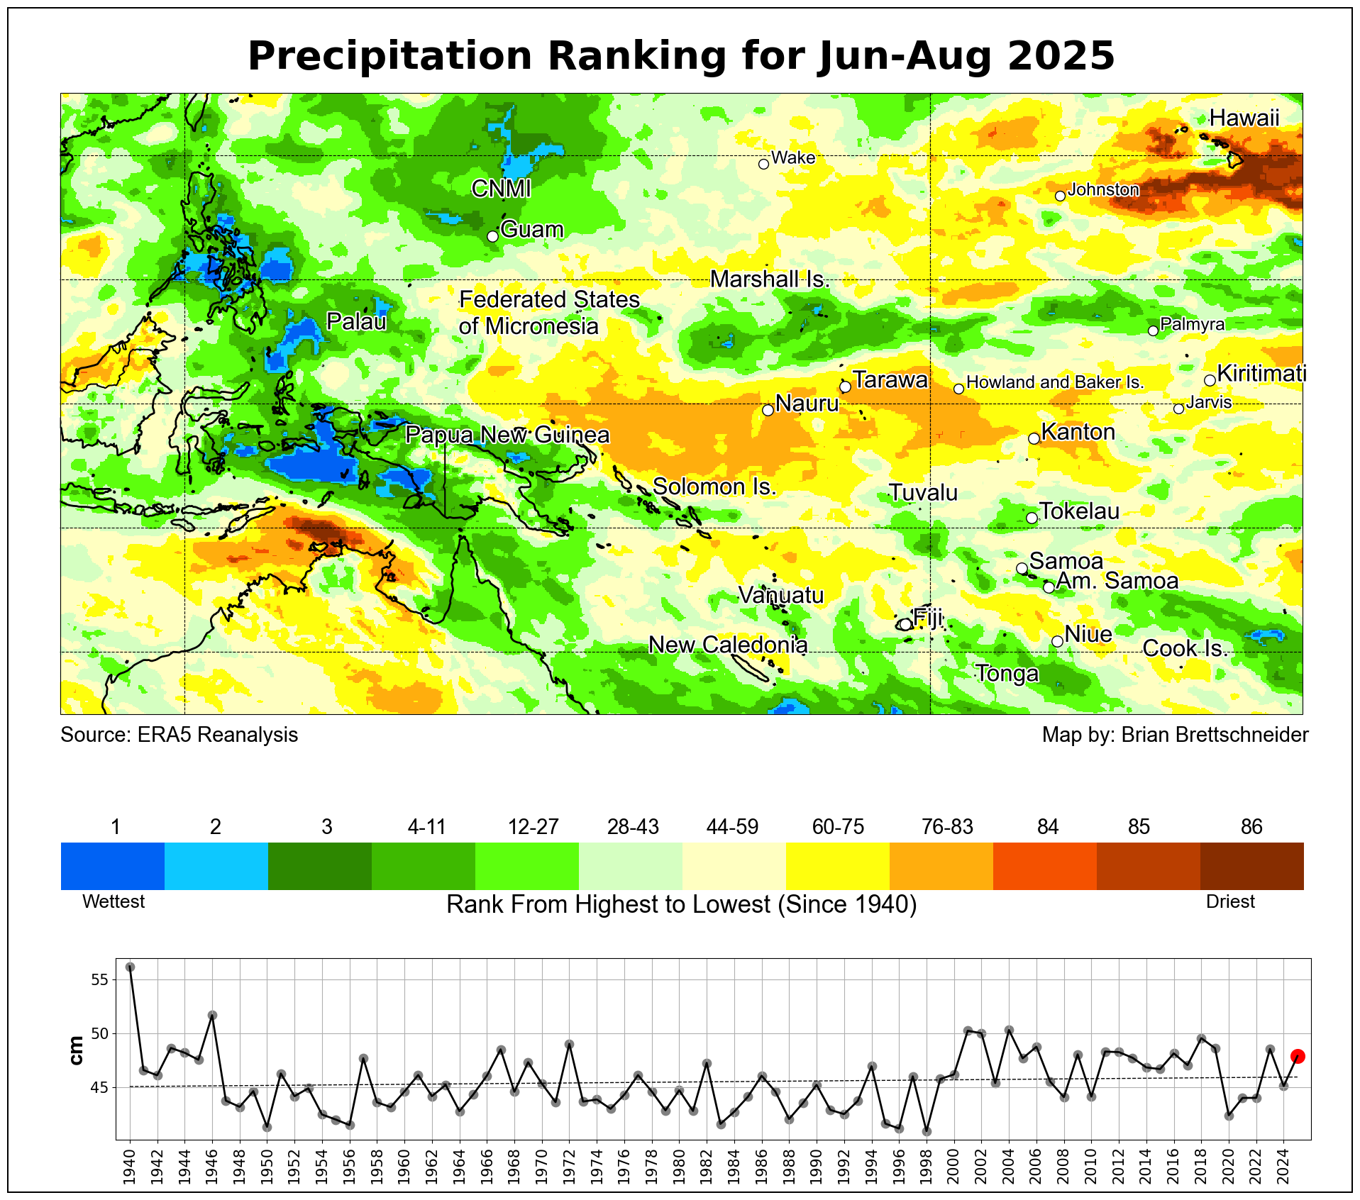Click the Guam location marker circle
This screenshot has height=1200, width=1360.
[x=493, y=236]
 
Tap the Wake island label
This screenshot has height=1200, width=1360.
[x=793, y=157]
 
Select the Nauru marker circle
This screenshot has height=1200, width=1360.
[x=768, y=410]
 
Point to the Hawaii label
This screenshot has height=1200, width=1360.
[x=1244, y=118]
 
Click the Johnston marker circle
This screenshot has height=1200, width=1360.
[x=1060, y=196]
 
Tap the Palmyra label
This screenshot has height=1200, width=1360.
[x=1193, y=324]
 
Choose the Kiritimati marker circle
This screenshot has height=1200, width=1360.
[x=1210, y=380]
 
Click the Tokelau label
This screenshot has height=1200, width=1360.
[x=1079, y=511]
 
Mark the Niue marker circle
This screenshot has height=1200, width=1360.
[x=1057, y=641]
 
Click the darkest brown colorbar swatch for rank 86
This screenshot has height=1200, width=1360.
[x=1251, y=865]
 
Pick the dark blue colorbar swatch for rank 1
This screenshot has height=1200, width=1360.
[x=113, y=865]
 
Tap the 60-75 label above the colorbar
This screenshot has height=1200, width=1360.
[x=838, y=827]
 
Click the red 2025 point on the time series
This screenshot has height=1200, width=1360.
[x=1298, y=1056]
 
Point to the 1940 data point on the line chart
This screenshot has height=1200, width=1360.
[x=130, y=967]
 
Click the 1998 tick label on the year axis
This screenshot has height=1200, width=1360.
[x=927, y=1167]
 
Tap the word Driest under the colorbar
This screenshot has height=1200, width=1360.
[x=1230, y=901]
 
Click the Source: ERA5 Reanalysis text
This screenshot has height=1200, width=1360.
[x=179, y=735]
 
